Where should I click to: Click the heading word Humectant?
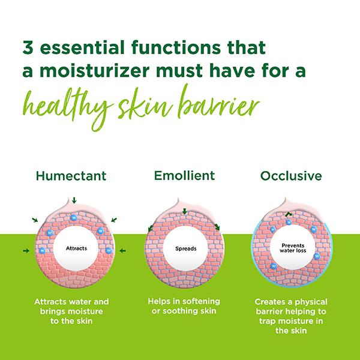(x=71, y=176)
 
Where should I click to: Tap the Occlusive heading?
(x=291, y=176)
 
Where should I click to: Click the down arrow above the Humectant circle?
(x=73, y=200)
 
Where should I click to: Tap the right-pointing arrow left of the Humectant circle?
(x=25, y=250)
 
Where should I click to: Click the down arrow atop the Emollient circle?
(x=185, y=211)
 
